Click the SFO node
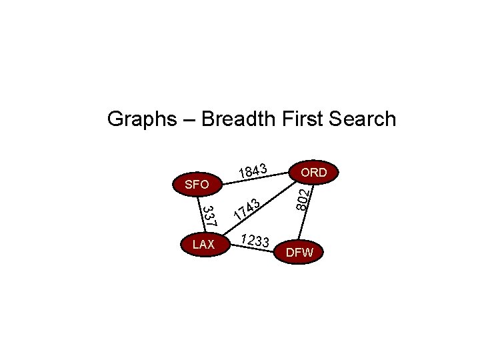[196, 184]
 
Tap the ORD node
[313, 172]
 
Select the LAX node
[203, 245]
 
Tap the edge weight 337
[209, 215]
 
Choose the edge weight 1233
[255, 241]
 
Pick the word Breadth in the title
[237, 119]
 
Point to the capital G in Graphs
[115, 119]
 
